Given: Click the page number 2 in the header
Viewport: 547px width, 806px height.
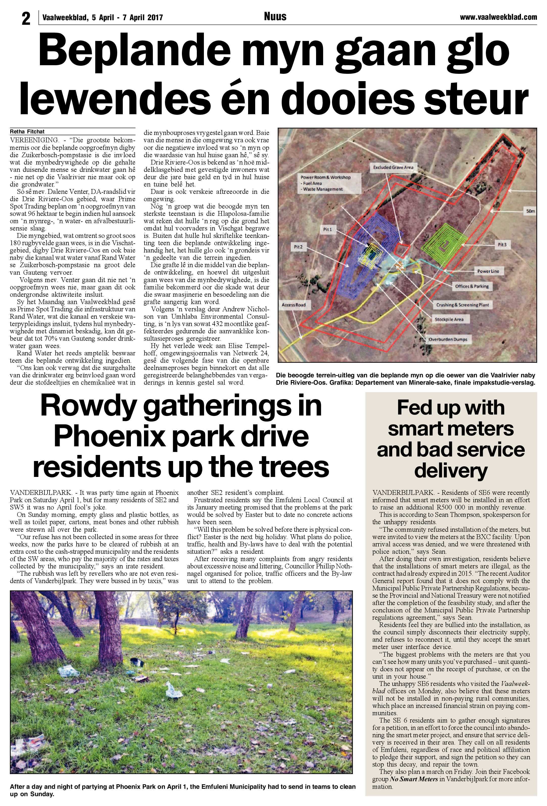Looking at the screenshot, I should pos(26,18).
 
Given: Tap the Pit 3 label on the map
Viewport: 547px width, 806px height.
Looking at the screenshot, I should pos(502,244).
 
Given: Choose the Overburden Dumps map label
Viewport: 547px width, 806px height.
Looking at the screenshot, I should pos(447,339).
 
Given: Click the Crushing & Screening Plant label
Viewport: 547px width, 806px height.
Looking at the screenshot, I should pos(462,305).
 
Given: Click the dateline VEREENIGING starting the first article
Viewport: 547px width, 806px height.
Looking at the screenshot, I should pos(34,140).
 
